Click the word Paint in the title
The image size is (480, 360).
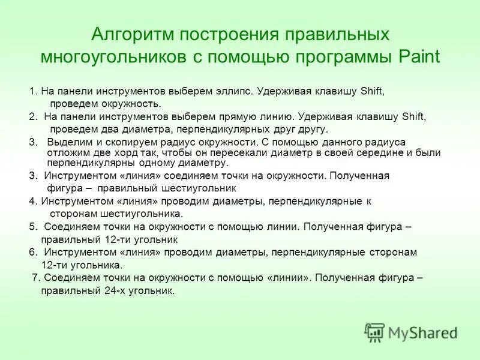pyautogui.click(x=417, y=57)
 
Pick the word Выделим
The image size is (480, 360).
pyautogui.click(x=66, y=143)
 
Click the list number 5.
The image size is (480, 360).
pyautogui.click(x=32, y=227)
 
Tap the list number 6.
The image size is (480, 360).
pyautogui.click(x=32, y=253)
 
